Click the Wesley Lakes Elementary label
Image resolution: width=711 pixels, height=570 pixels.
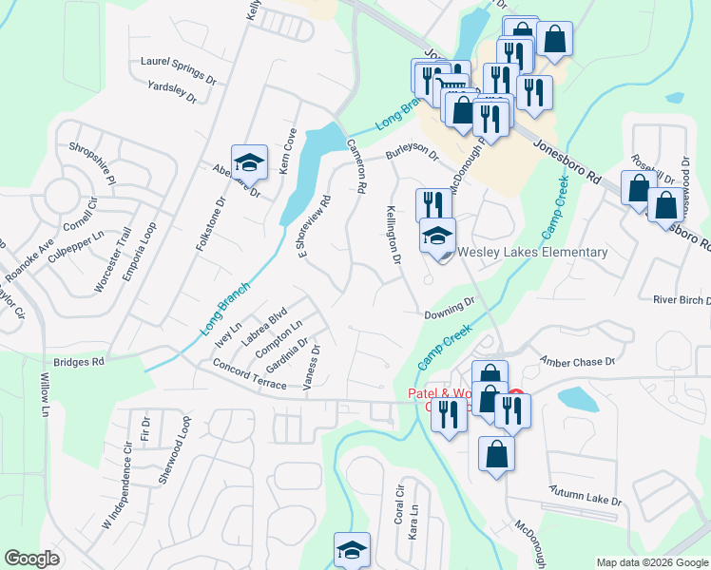tap(532, 252)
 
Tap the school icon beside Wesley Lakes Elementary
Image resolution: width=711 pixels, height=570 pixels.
tap(438, 236)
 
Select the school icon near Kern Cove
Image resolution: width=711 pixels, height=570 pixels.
tap(249, 161)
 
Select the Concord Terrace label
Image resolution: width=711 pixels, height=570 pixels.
tap(250, 375)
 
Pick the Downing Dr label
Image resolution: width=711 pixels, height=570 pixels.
tap(450, 307)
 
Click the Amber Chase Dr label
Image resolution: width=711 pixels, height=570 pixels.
tap(578, 362)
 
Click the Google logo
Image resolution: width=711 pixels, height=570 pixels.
tap(31, 559)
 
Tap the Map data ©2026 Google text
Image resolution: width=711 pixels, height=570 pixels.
tap(651, 562)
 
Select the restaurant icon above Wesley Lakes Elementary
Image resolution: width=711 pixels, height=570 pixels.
tap(433, 205)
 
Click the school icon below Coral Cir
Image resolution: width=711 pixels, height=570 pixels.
tap(352, 550)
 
